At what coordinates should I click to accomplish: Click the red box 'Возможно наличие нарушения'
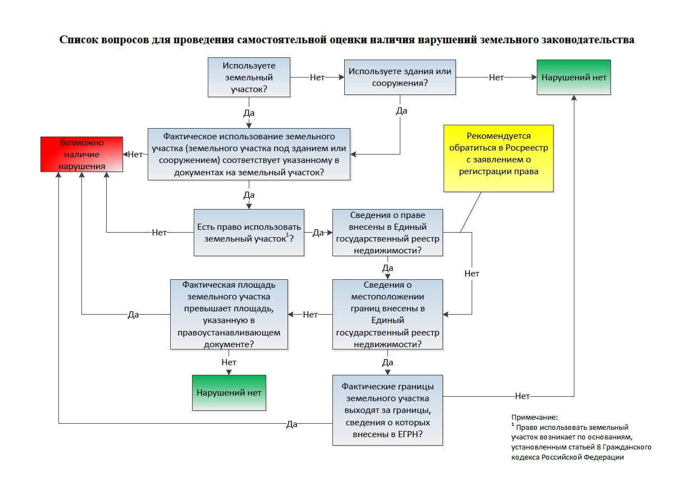pos(81,153)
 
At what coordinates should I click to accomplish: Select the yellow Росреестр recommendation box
pos(498,158)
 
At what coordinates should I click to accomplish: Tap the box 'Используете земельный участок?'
pos(249,78)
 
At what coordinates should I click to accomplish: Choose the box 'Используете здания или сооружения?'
pos(400,78)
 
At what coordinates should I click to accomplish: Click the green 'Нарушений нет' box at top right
pos(574,78)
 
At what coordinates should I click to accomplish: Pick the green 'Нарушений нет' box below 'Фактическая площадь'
pos(229,392)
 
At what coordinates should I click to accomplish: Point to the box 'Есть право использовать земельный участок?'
pos(249,233)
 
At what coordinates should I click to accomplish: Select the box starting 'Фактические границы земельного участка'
pos(387,410)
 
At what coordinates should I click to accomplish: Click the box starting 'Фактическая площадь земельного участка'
pos(229,314)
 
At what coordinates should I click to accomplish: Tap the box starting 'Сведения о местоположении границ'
pos(387,314)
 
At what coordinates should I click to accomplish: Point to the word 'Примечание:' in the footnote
pos(535,418)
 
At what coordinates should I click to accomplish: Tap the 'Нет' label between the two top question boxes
pos(317,78)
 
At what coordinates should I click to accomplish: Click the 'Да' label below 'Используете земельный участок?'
pos(249,112)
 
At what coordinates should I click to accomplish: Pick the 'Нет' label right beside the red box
pos(135,154)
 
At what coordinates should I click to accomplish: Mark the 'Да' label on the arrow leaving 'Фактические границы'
pos(291,424)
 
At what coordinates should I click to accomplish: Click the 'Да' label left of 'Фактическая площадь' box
pos(133,315)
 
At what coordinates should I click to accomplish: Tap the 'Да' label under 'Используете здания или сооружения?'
pos(401,111)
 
